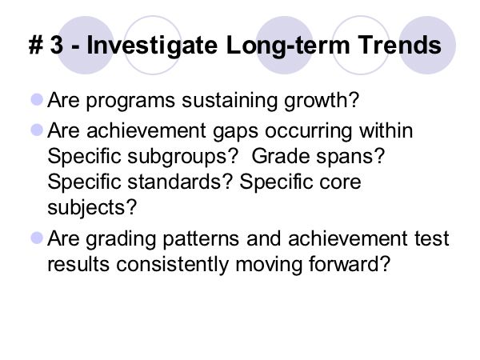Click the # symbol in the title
tap(36, 45)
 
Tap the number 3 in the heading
tap(58, 45)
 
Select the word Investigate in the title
tap(152, 46)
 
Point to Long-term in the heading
tap(288, 46)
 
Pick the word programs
tap(130, 102)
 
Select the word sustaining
tap(230, 101)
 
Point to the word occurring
tap(309, 131)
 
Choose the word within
tap(386, 130)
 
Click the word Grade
tap(281, 156)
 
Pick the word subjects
tap(86, 208)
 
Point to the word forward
tap(345, 263)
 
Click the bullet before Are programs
tap(37, 99)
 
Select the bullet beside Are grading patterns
tap(37, 238)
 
